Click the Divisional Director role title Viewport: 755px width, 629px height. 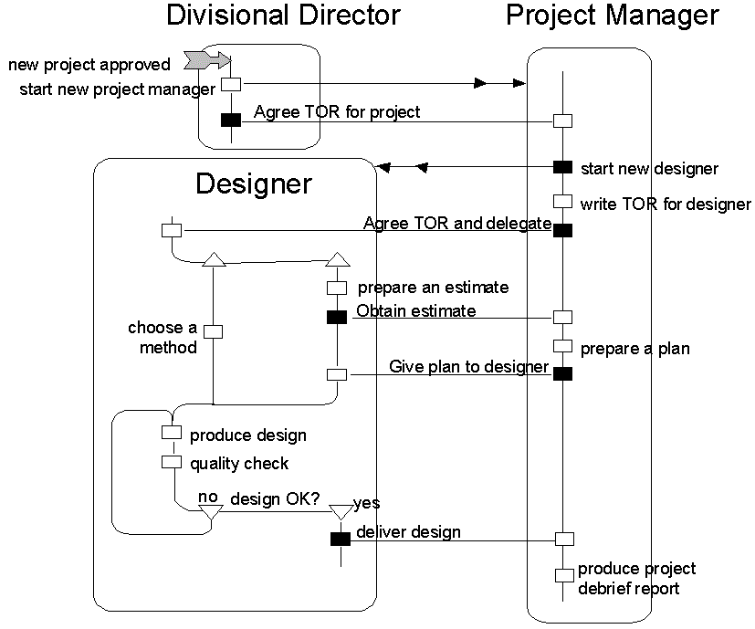tap(284, 16)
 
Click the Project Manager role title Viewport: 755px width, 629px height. tap(612, 16)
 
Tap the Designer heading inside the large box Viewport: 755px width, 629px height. tap(254, 184)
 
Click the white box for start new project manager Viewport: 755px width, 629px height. tap(232, 84)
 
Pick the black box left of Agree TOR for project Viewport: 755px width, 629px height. tap(232, 120)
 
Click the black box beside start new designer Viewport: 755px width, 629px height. tap(562, 167)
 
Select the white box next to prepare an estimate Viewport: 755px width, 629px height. tap(337, 288)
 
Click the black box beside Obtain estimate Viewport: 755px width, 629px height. tap(337, 317)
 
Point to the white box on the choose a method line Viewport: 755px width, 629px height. tap(213, 331)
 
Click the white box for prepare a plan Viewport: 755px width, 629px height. tap(562, 347)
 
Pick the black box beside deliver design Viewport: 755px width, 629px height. tap(340, 539)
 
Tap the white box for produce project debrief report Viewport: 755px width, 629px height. tap(564, 575)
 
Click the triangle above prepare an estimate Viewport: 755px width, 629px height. tap(337, 260)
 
